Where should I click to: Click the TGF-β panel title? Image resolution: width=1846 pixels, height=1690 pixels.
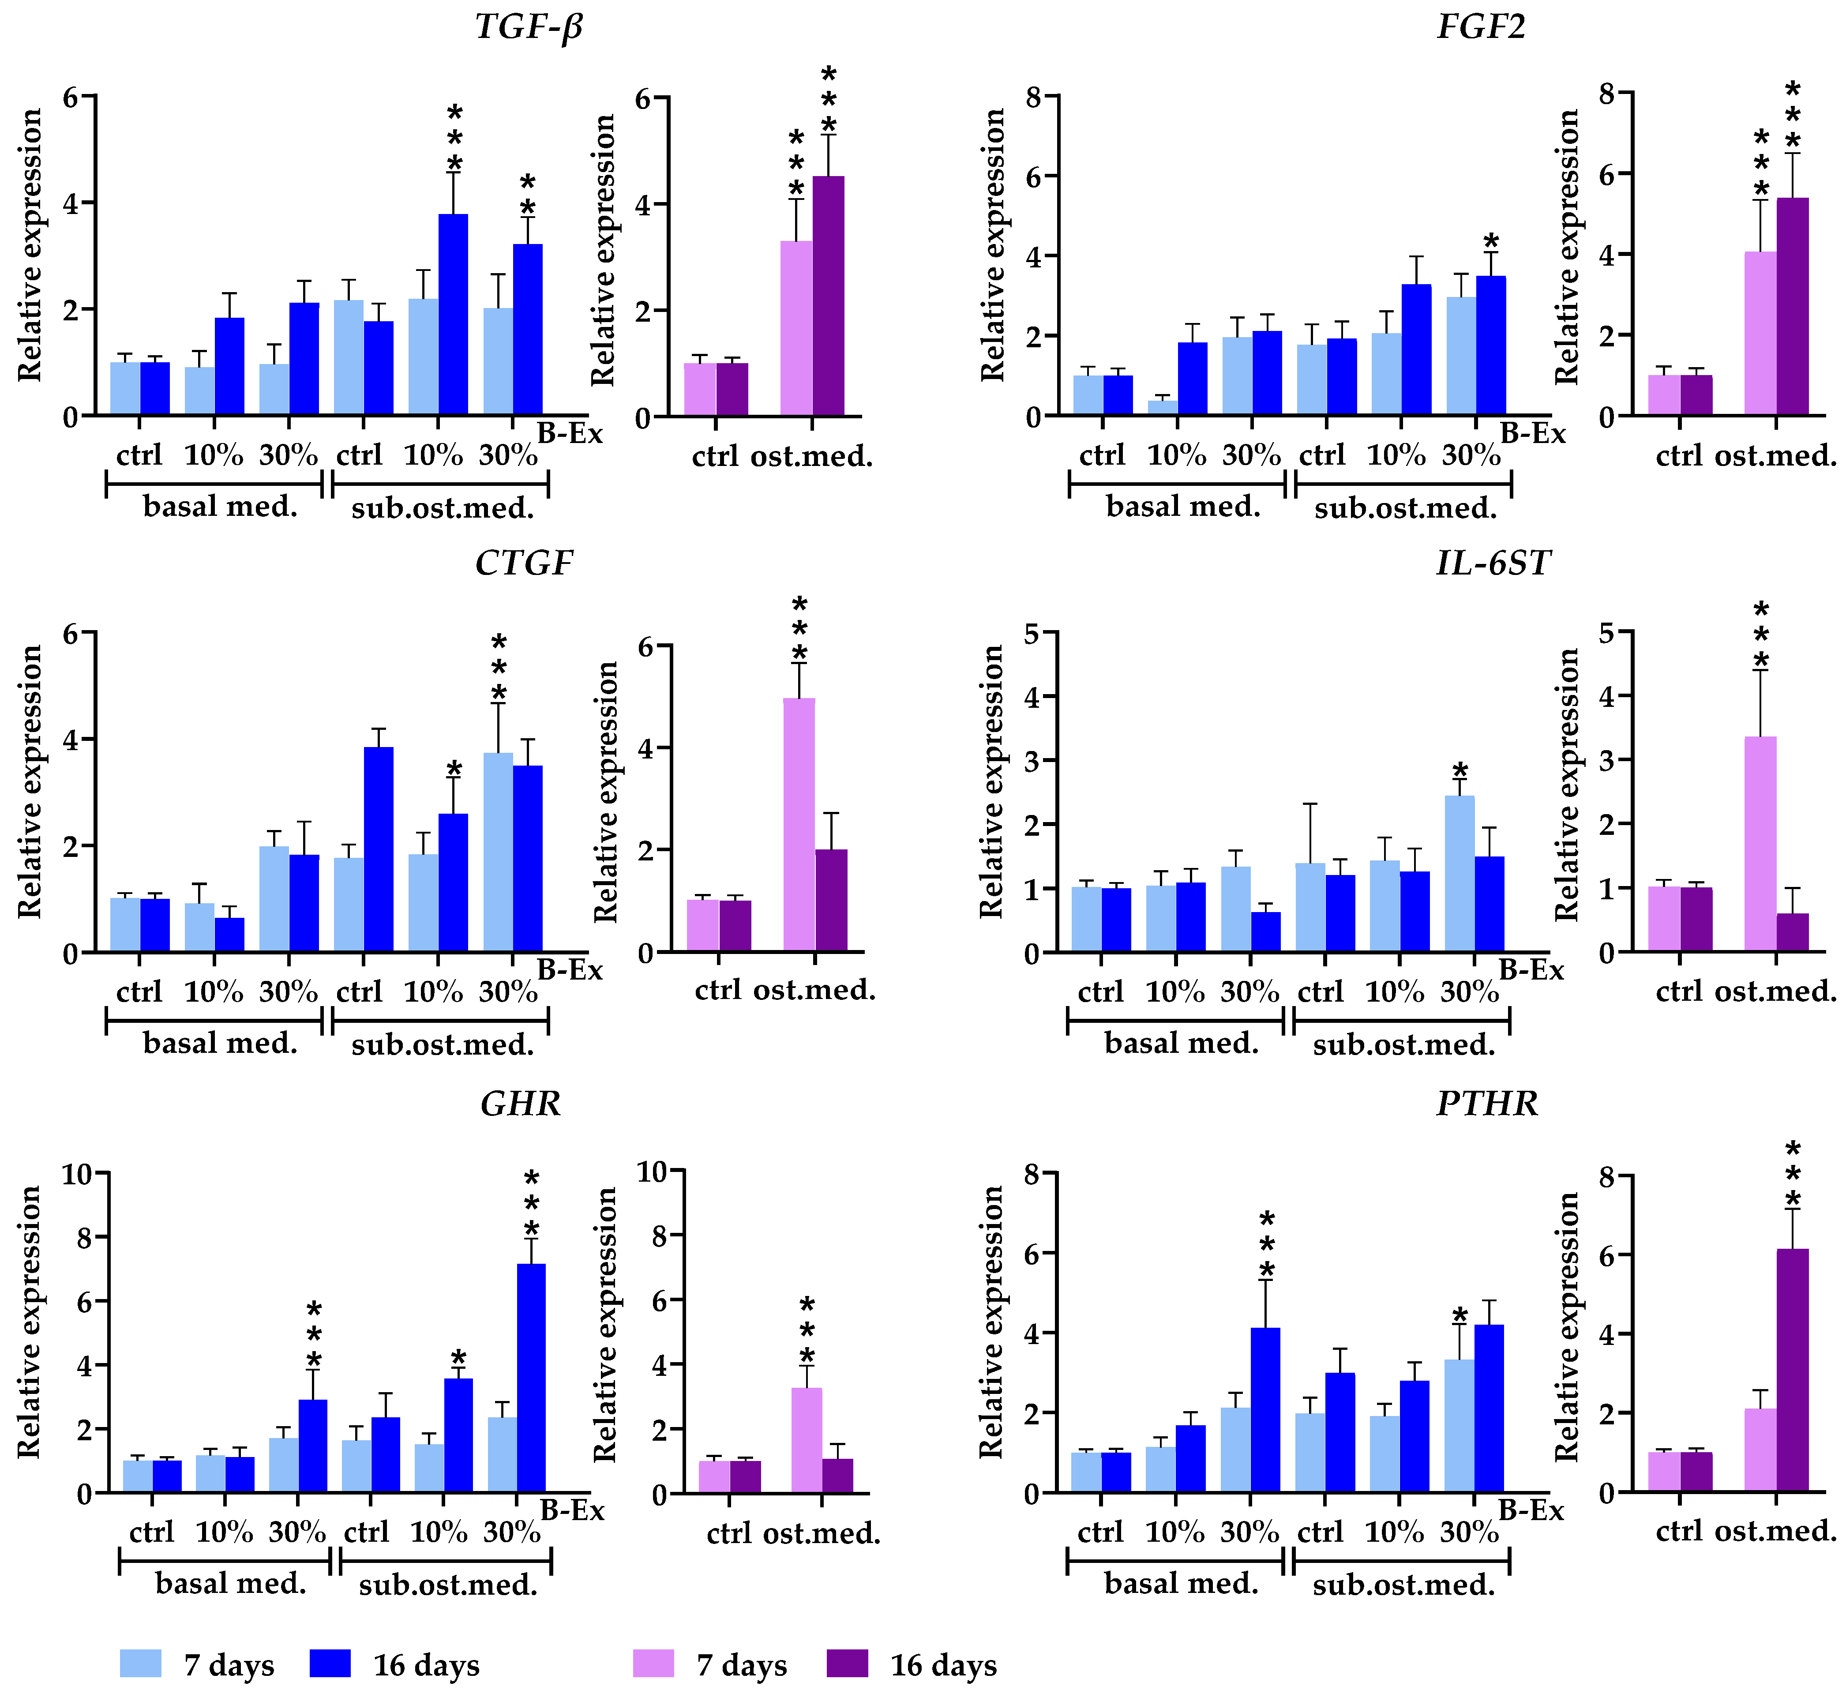coord(529,26)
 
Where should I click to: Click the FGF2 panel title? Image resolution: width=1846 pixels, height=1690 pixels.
coord(1481,26)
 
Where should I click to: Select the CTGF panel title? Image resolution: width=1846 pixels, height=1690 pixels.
coord(524,563)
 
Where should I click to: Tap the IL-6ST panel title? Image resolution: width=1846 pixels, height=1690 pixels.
coord(1493,563)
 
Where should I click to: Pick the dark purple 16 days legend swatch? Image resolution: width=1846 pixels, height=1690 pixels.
coord(847,1663)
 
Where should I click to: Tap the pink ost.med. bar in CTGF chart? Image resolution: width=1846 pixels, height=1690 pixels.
coord(799,824)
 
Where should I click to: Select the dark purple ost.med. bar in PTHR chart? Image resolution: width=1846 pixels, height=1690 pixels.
coord(1793,1371)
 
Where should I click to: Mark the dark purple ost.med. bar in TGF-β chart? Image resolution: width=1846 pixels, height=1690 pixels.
coord(829,296)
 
